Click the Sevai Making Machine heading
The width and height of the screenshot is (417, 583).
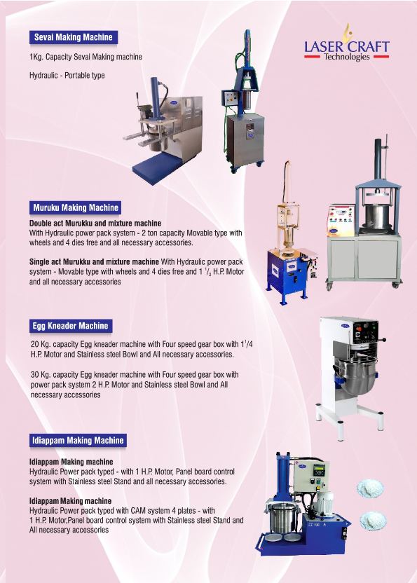coord(74,37)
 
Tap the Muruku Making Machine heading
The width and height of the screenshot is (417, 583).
coord(76,207)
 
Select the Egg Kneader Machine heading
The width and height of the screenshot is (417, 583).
coord(70,326)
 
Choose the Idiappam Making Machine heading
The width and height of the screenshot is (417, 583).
coord(78,441)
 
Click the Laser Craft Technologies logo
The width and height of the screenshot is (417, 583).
coord(346,44)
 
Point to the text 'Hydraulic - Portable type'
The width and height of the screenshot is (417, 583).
coord(67,76)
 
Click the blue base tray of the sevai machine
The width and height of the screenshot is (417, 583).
coord(156,167)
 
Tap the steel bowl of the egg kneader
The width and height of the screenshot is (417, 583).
coord(353,376)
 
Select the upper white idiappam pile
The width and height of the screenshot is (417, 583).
coord(370,488)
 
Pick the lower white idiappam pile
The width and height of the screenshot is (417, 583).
coord(373,521)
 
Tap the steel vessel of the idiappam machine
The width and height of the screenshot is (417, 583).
coord(282,518)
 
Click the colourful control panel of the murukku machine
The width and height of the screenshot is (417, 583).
coord(341,219)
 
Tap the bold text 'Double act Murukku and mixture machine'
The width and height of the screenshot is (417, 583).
coord(95,224)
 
